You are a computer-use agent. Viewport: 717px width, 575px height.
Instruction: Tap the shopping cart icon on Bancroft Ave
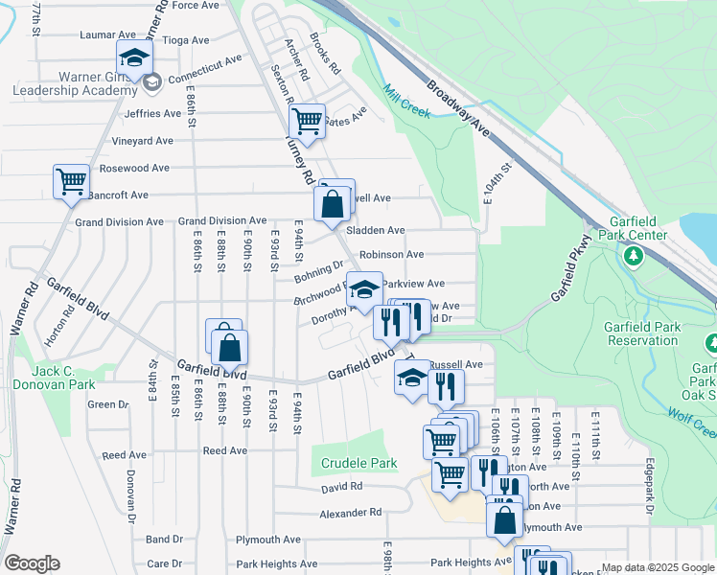tap(72, 179)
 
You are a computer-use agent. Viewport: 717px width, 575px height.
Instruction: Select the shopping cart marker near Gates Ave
tap(306, 120)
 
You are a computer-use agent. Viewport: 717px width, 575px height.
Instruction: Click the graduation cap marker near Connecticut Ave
tap(134, 56)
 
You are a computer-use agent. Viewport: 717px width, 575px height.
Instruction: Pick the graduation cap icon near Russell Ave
tap(413, 376)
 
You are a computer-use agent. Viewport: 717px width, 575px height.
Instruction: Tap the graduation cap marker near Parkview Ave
tap(364, 287)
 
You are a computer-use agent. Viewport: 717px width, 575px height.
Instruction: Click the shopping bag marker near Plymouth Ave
tap(505, 519)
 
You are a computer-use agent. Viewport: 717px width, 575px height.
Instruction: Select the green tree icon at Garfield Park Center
tap(633, 256)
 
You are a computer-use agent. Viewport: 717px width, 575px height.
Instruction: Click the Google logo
tap(32, 563)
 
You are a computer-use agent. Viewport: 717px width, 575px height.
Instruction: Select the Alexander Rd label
tap(350, 512)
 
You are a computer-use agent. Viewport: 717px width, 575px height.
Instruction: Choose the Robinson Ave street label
tap(392, 255)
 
